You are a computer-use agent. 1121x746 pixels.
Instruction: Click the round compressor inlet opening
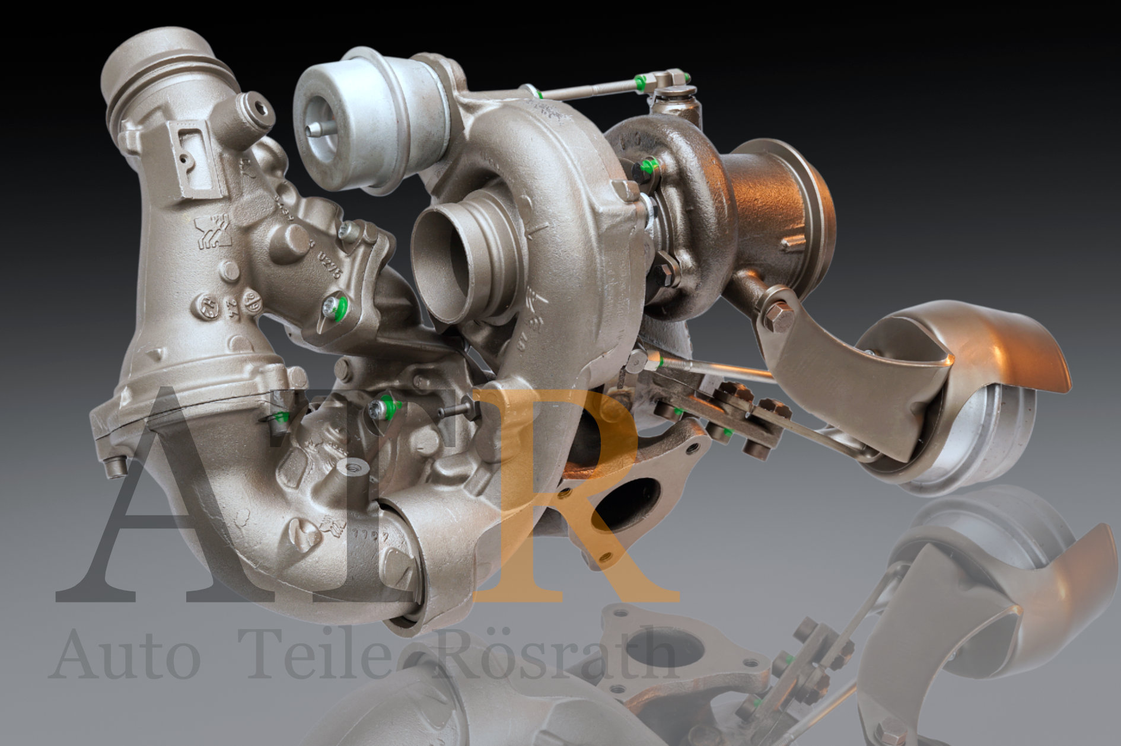click(451, 261)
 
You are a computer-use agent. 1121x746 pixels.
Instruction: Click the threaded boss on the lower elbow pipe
click(352, 471)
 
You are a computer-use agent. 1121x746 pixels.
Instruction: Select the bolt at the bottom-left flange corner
click(115, 467)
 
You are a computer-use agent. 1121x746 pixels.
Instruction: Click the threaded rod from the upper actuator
click(587, 90)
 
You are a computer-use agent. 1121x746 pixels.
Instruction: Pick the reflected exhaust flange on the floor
click(670, 652)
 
